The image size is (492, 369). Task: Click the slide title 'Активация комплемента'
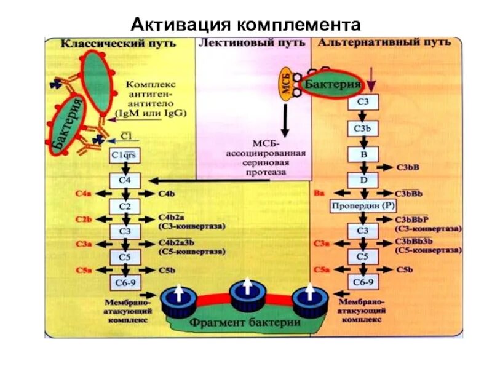[246, 24]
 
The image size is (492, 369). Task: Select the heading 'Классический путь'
[117, 44]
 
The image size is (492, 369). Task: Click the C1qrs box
[125, 156]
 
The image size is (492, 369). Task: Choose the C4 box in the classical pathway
[125, 181]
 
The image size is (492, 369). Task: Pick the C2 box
[125, 206]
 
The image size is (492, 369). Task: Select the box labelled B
[363, 154]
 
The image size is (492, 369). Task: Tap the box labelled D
[363, 180]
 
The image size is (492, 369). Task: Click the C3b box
[363, 129]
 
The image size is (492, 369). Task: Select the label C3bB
[407, 167]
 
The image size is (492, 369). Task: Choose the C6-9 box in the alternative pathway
[363, 282]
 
